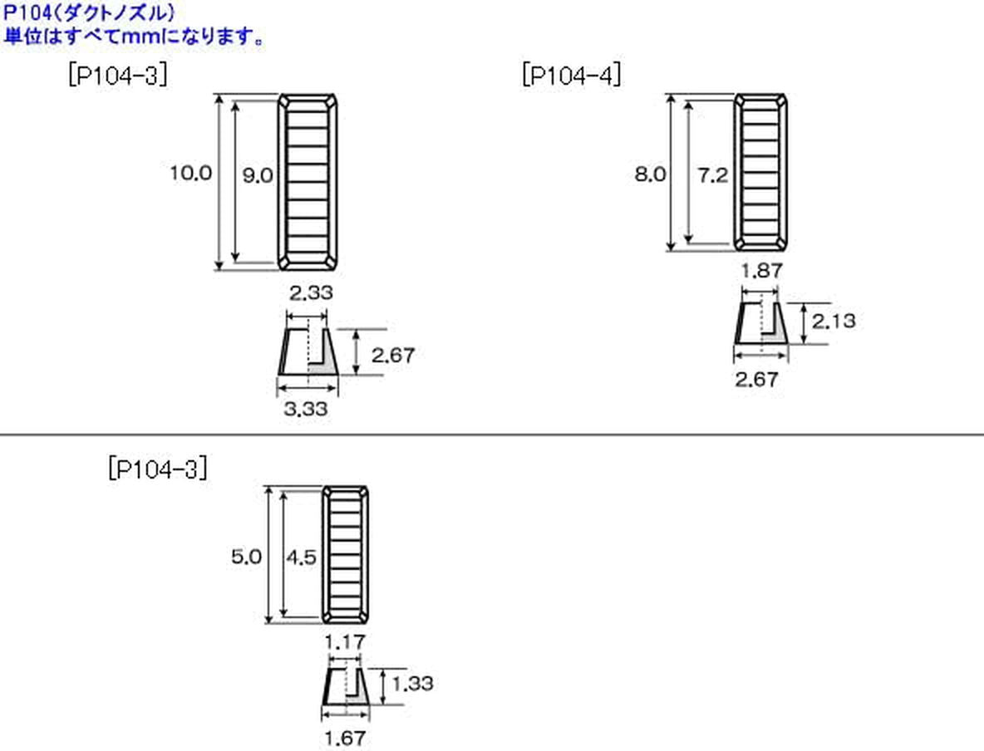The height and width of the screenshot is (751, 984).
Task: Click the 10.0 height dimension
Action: tap(191, 174)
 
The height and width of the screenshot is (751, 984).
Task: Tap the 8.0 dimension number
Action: tap(650, 174)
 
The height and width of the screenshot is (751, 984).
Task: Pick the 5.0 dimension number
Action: tap(247, 557)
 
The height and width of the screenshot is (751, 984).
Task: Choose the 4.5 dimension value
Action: tap(300, 557)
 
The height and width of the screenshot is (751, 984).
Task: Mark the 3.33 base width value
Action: tap(307, 409)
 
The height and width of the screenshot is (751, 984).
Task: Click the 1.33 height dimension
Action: tap(412, 684)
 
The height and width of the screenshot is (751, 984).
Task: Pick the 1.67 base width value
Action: tap(345, 736)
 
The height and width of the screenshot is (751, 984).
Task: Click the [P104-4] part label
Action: tap(572, 76)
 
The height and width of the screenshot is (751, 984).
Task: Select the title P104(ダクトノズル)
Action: tap(90, 13)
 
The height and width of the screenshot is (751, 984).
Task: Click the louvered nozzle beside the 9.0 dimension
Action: tap(307, 181)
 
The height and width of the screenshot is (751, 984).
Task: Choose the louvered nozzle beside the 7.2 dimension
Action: tap(760, 172)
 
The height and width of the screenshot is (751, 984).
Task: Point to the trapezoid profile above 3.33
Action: tap(307, 351)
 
